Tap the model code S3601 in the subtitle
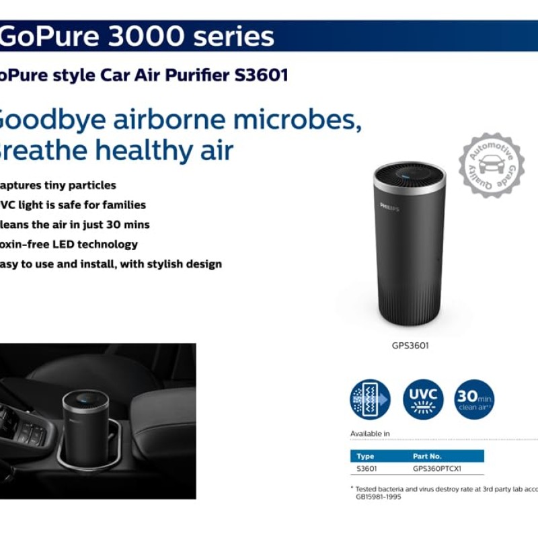pyautogui.click(x=262, y=75)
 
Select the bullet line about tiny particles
pyautogui.click(x=59, y=185)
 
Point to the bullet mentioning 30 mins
pyautogui.click(x=75, y=225)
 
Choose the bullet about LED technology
pyautogui.click(x=69, y=244)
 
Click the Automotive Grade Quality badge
pyautogui.click(x=491, y=165)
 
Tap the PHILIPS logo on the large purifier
pyautogui.click(x=389, y=207)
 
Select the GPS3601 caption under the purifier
pyautogui.click(x=410, y=346)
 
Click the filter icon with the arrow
pyautogui.click(x=370, y=399)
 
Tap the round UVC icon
pyautogui.click(x=423, y=399)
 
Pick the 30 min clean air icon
pyautogui.click(x=475, y=399)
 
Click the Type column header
pyautogui.click(x=366, y=455)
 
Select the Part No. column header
pyautogui.click(x=427, y=455)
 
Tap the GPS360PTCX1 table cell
pyautogui.click(x=437, y=468)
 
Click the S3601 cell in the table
pyautogui.click(x=367, y=468)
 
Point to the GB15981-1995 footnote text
pyautogui.click(x=379, y=497)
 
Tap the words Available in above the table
pyautogui.click(x=370, y=434)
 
